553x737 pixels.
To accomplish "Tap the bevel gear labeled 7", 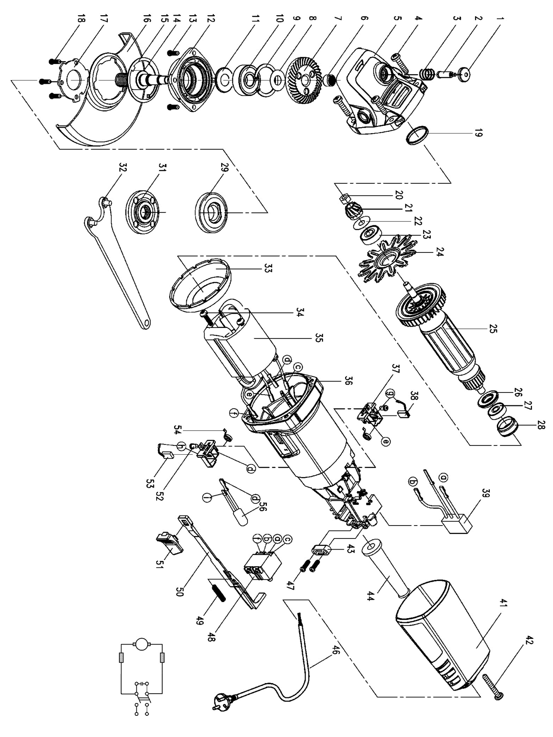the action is click(x=305, y=81).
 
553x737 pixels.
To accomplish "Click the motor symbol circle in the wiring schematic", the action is click(x=139, y=643).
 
